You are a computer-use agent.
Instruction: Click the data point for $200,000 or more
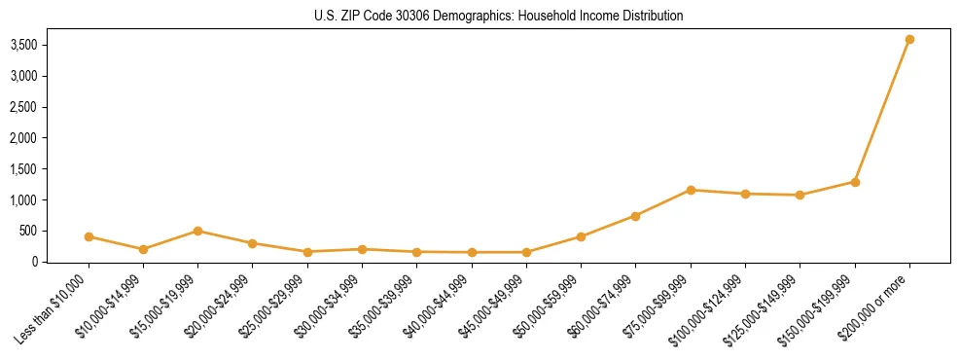909,40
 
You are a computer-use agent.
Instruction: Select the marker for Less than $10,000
89,236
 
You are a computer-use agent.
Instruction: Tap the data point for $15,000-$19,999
197,231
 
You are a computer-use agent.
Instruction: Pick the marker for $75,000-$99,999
691,190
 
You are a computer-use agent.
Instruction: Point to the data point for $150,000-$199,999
855,182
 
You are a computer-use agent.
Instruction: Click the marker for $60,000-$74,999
635,216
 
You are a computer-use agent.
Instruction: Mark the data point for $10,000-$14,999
143,249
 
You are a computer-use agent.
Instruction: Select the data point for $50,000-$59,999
581,236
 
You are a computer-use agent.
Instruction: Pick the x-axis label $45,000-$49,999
491,306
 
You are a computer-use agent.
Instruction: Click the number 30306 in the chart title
398,17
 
